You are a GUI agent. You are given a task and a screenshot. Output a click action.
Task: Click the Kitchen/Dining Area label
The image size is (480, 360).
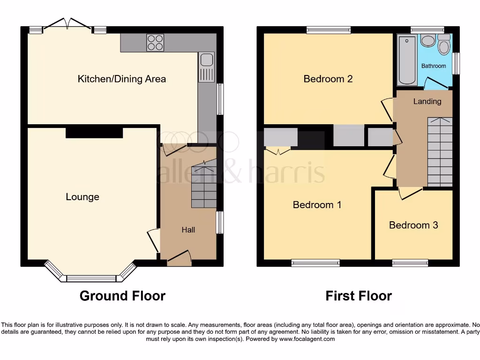(121, 79)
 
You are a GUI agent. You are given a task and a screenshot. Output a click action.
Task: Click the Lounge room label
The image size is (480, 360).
(82, 197)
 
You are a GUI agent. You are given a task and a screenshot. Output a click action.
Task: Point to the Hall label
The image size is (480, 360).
(188, 230)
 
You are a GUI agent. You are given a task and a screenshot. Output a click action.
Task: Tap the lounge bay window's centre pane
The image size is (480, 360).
(91, 278)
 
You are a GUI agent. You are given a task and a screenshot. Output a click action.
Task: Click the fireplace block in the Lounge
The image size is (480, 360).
(94, 133)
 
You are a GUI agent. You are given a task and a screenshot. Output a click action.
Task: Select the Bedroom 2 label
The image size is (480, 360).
(328, 79)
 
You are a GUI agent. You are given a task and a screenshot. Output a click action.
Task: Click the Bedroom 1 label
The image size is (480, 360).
(317, 205)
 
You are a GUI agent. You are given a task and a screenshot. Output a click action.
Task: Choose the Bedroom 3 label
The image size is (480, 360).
(413, 225)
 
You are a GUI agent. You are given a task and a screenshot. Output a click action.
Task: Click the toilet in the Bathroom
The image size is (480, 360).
(443, 45)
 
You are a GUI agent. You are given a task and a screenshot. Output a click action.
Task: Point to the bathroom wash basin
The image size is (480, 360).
(427, 41)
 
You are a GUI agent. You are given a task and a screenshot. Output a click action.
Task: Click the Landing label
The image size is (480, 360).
(427, 101)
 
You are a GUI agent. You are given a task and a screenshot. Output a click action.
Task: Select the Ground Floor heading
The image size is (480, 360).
(122, 296)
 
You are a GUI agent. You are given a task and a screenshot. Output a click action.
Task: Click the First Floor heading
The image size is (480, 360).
(359, 296)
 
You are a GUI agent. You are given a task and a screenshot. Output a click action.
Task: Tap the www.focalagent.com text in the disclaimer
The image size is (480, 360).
(307, 339)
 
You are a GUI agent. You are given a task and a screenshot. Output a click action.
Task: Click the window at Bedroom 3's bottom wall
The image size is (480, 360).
(410, 263)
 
